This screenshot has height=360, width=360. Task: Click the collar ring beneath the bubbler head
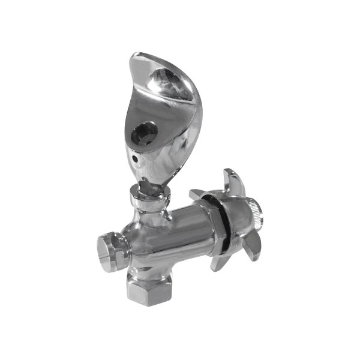tap(148, 196)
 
